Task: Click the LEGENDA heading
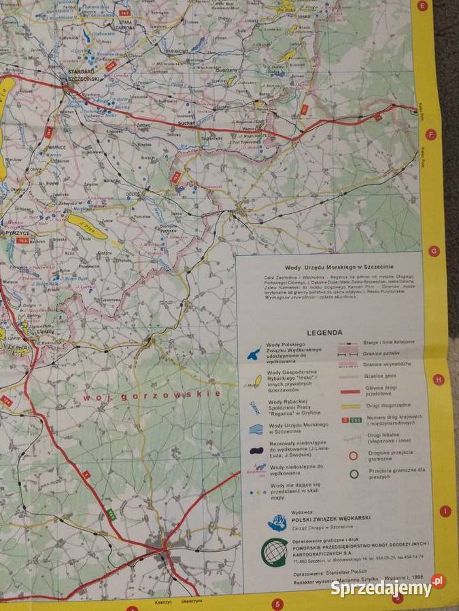[328, 333]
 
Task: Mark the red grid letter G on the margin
[433, 251]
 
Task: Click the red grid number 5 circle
[277, 603]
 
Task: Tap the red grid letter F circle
[429, 134]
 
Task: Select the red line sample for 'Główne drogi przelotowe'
[352, 392]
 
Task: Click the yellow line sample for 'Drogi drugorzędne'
[352, 406]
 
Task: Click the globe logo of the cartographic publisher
[275, 552]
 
